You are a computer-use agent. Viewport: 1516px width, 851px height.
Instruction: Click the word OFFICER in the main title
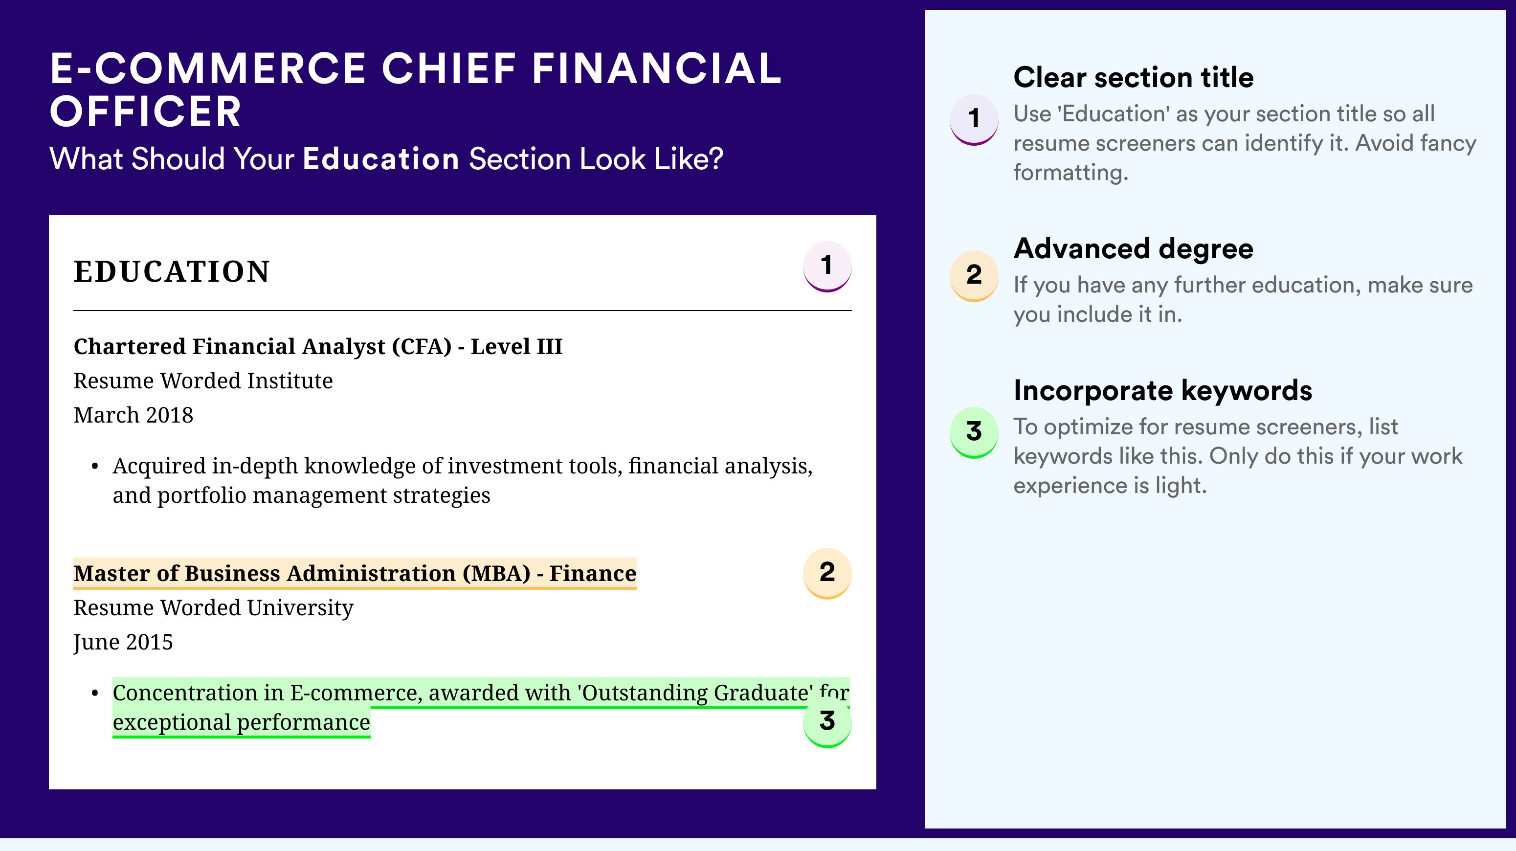pos(145,112)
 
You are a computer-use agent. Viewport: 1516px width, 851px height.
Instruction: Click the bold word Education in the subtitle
pos(381,159)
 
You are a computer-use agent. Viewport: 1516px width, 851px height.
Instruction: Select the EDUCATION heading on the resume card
pos(171,271)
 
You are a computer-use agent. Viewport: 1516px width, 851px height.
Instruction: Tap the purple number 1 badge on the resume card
pos(827,266)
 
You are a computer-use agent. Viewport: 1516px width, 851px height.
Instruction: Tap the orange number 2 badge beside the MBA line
pos(827,573)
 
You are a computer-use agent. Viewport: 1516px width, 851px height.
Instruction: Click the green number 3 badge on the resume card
pos(827,722)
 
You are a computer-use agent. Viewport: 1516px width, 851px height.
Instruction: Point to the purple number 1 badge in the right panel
pos(974,119)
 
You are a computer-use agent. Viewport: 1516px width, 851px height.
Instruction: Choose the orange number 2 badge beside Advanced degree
pos(974,276)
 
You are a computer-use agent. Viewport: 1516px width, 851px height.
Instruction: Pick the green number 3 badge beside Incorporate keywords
pos(974,432)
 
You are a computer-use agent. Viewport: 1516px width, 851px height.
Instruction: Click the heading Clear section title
pos(1134,77)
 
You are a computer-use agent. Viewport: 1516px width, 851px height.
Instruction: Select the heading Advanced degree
pos(1134,249)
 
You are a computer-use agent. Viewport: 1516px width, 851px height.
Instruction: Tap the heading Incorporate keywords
pos(1163,390)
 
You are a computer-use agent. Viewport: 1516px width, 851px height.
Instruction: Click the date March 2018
pos(133,415)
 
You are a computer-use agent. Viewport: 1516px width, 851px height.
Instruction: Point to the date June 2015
pos(123,642)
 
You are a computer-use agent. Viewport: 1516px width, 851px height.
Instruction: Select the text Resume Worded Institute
pos(203,381)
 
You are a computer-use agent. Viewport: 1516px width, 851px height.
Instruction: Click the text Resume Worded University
pos(213,607)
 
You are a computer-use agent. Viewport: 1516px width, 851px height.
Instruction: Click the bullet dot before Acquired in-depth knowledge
pos(95,467)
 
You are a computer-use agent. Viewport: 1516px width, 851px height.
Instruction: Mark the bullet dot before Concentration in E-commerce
pos(95,694)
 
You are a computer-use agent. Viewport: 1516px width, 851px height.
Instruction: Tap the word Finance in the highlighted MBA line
pos(593,573)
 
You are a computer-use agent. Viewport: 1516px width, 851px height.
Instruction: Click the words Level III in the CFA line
pos(516,347)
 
